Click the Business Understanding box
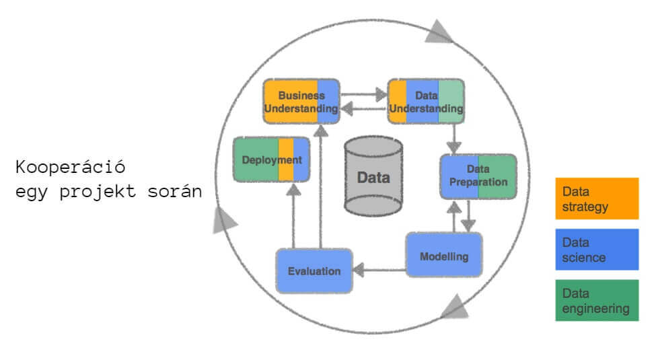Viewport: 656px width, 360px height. pyautogui.click(x=301, y=102)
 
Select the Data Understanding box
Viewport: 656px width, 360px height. pyautogui.click(x=426, y=102)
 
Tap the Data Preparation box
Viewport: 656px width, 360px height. pyautogui.click(x=478, y=177)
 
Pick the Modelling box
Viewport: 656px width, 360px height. pyautogui.click(x=444, y=254)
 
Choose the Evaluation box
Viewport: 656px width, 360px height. pyautogui.click(x=314, y=271)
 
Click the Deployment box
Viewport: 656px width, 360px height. pyautogui.click(x=272, y=159)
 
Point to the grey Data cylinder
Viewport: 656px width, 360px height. pyautogui.click(x=373, y=176)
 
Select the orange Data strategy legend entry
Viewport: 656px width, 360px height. pyautogui.click(x=597, y=199)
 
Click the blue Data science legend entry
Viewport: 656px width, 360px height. pyautogui.click(x=597, y=250)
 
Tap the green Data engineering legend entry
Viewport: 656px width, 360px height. pyautogui.click(x=597, y=301)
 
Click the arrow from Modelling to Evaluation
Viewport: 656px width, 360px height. pyautogui.click(x=379, y=270)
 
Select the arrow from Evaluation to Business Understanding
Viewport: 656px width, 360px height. pyautogui.click(x=321, y=186)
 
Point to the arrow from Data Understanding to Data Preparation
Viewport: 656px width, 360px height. pyautogui.click(x=454, y=139)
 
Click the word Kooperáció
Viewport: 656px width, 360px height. pyautogui.click(x=70, y=167)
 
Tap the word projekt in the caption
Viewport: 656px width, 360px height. pyautogui.click(x=98, y=192)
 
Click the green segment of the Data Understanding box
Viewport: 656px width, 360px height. pyautogui.click(x=451, y=102)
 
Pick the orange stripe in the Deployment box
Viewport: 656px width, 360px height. pyautogui.click(x=286, y=159)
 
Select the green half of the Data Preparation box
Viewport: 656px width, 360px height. pyautogui.click(x=497, y=177)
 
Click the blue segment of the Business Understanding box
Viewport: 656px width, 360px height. pyautogui.click(x=328, y=102)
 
